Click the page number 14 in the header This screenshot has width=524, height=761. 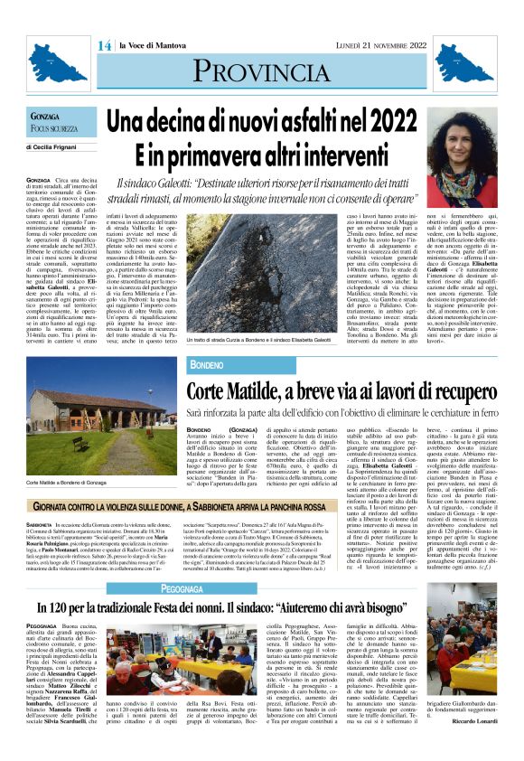(x=103, y=45)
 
